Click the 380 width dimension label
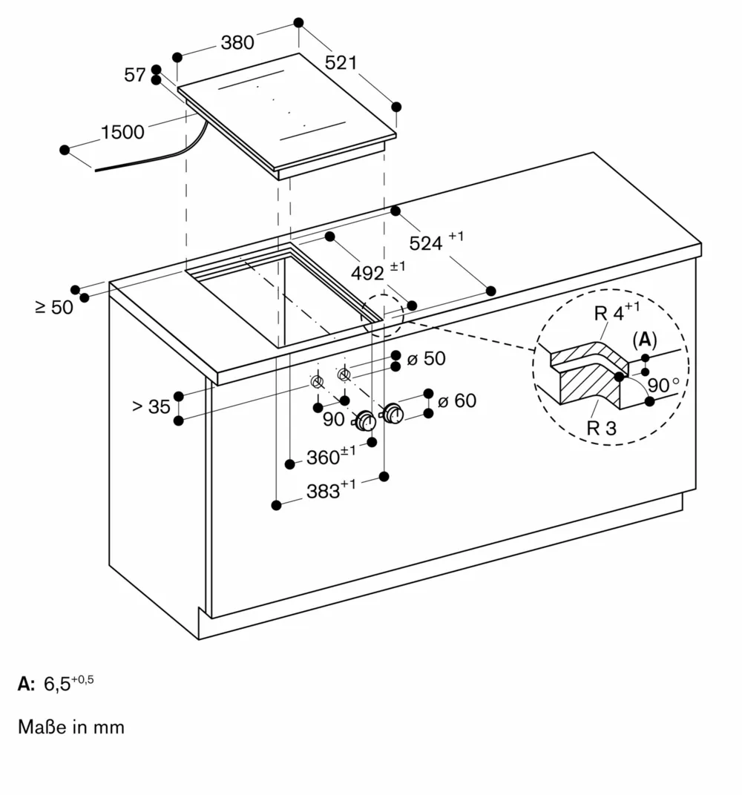(x=237, y=43)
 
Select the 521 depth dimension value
(x=341, y=63)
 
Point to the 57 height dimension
(x=135, y=75)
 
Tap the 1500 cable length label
(x=122, y=133)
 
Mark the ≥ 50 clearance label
(x=54, y=306)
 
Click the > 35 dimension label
(x=151, y=406)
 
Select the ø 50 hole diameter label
(x=427, y=359)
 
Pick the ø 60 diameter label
(x=456, y=401)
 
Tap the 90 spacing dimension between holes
(x=333, y=419)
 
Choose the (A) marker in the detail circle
(x=644, y=340)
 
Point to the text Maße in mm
(x=71, y=727)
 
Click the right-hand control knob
(x=393, y=415)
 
